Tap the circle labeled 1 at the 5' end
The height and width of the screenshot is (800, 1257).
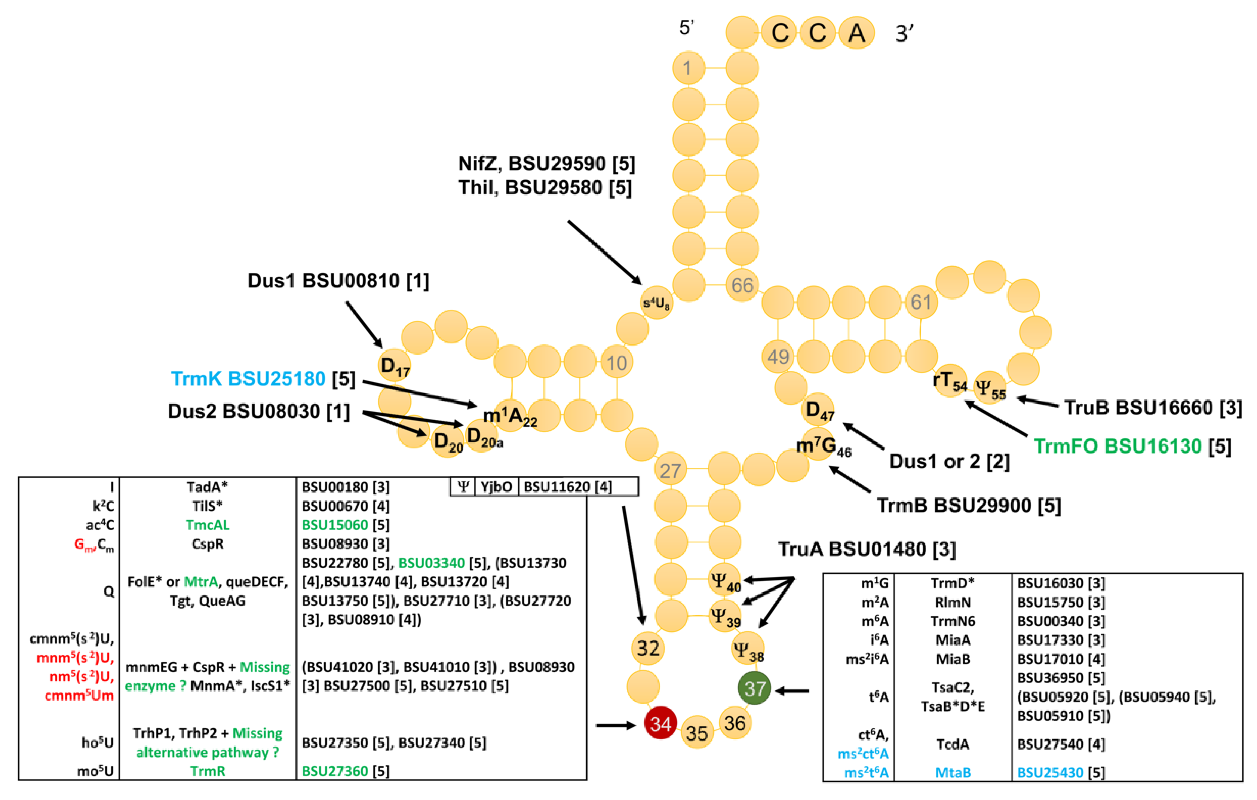click(x=688, y=68)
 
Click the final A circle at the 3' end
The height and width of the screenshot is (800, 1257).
click(x=856, y=33)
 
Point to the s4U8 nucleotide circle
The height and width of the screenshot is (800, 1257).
click(x=656, y=302)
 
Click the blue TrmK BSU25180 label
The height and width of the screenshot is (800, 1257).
click(x=248, y=378)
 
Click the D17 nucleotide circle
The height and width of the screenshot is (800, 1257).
click(x=394, y=365)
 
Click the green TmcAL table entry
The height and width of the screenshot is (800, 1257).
click(x=208, y=525)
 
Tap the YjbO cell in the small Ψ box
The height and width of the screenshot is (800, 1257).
click(x=496, y=487)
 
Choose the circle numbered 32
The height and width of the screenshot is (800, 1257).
click(x=648, y=648)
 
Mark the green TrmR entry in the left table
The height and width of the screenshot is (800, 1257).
click(x=208, y=771)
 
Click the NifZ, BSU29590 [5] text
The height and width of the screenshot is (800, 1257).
click(x=546, y=163)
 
